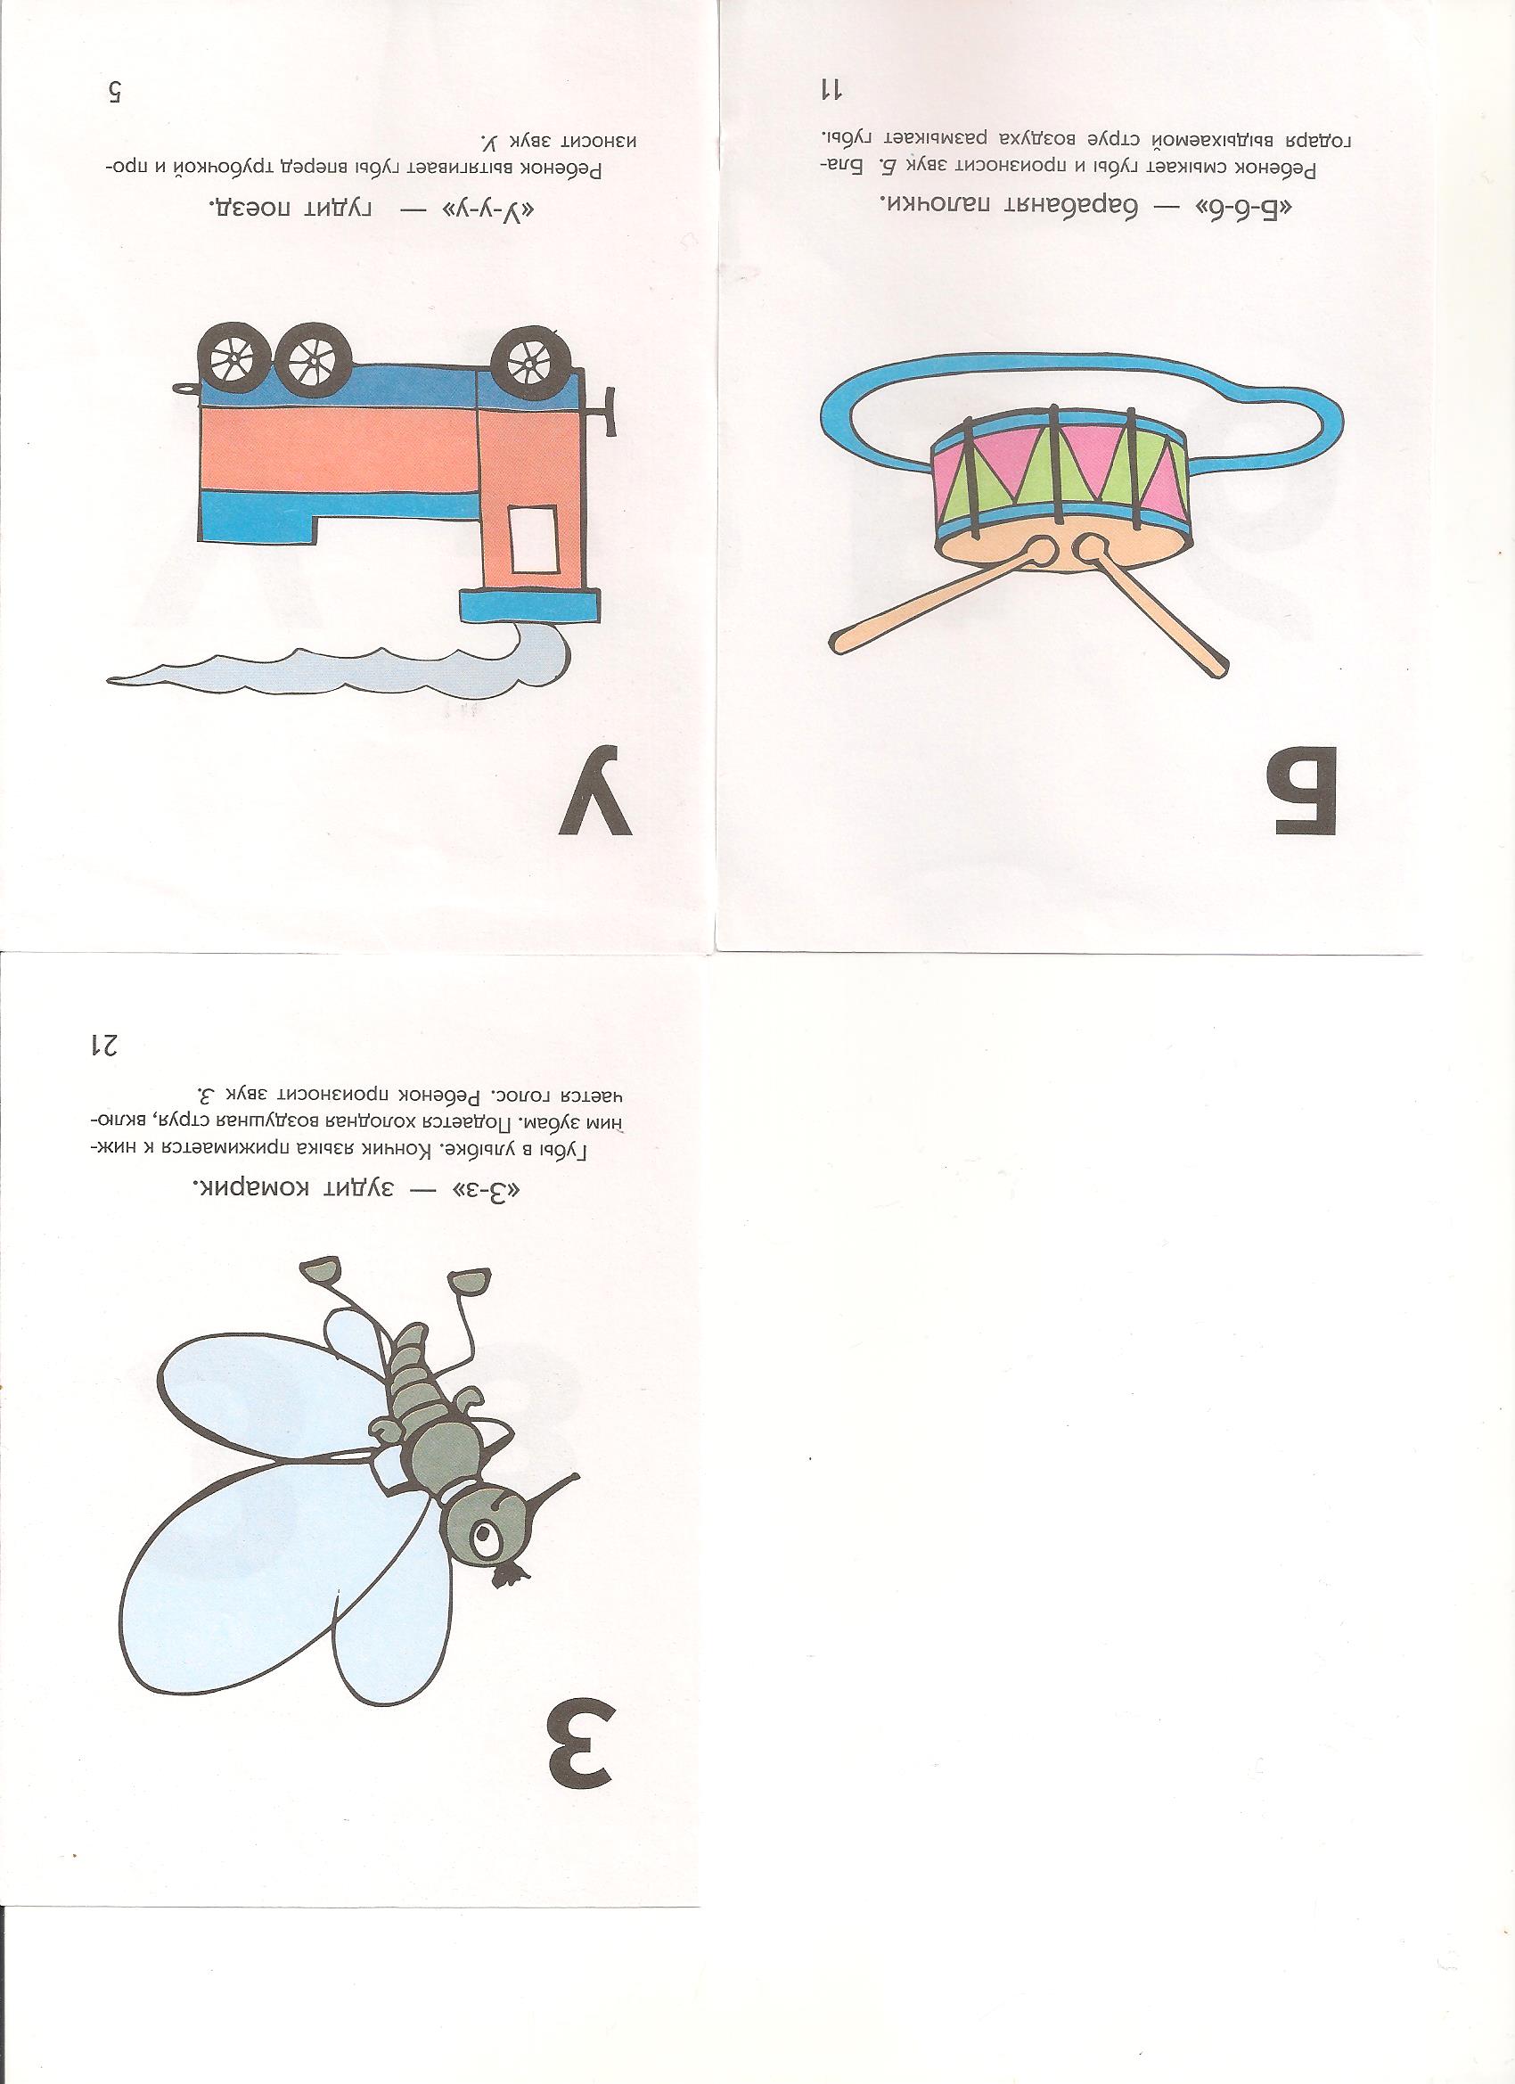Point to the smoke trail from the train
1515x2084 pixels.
[349, 668]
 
